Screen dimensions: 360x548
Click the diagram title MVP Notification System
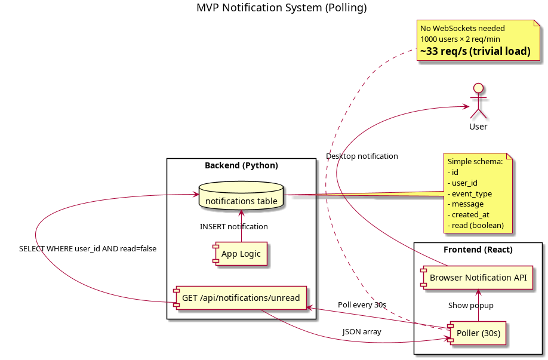(x=281, y=8)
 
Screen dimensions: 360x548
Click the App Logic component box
(x=241, y=254)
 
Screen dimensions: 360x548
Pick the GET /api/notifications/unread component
(x=240, y=297)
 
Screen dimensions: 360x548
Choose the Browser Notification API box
(x=476, y=277)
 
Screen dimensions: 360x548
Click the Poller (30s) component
(x=478, y=333)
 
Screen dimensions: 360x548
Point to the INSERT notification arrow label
(x=233, y=227)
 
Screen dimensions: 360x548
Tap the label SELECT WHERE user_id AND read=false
(x=88, y=249)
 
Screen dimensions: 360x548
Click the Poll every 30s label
(x=362, y=305)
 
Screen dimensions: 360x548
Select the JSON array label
(x=362, y=331)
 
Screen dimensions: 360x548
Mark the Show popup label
(x=470, y=305)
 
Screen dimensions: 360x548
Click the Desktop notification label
(x=362, y=156)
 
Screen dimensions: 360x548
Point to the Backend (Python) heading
(x=241, y=165)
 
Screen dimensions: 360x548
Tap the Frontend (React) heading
(x=478, y=249)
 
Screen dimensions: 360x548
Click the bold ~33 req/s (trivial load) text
(x=475, y=51)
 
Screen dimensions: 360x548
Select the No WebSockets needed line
(x=462, y=28)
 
